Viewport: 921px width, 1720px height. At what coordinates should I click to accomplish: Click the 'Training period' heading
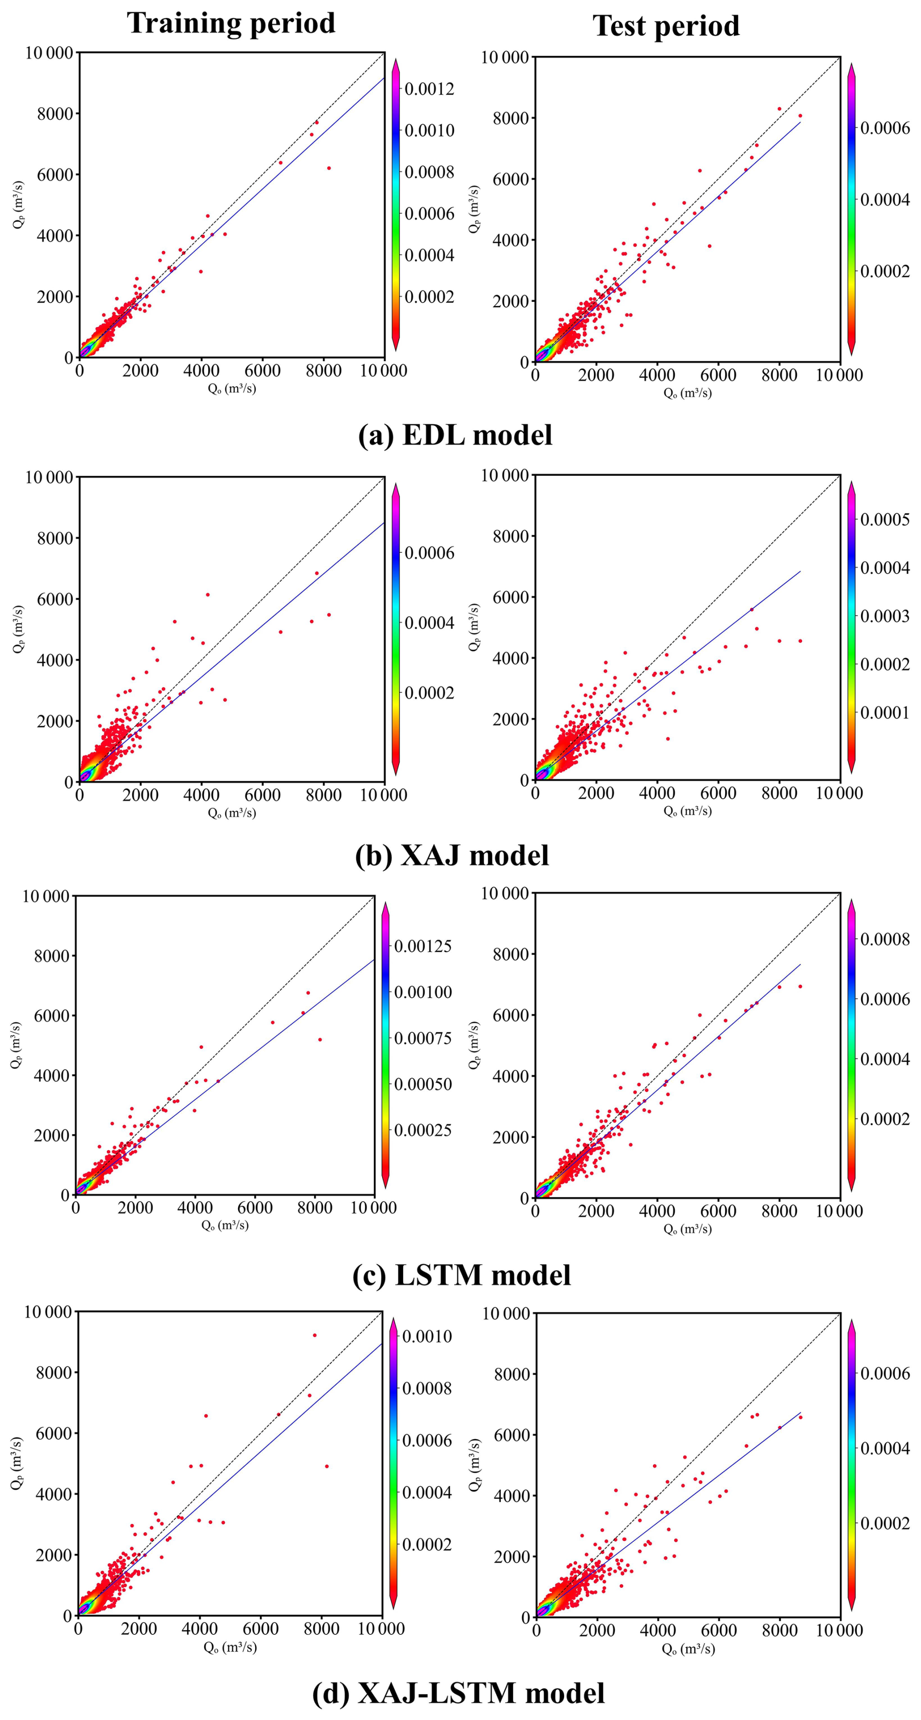pos(231,23)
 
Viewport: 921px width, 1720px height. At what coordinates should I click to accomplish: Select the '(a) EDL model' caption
pos(455,435)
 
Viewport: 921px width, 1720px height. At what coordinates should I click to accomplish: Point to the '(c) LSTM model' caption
pos(461,1274)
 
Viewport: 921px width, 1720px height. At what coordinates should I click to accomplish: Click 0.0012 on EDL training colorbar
pos(429,89)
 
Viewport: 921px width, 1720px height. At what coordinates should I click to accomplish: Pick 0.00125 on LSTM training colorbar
pos(423,946)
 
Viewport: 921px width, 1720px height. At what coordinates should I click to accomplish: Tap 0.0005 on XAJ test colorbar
pos(884,520)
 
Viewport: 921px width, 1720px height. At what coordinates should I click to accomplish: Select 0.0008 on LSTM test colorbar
pos(884,939)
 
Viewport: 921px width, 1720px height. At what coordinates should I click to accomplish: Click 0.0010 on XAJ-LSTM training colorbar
pos(427,1336)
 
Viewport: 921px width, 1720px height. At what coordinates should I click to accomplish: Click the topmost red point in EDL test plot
pos(779,109)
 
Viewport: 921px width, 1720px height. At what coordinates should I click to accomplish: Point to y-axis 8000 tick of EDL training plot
pos(55,113)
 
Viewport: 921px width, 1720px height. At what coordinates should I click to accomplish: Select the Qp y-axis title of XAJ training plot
pos(18,629)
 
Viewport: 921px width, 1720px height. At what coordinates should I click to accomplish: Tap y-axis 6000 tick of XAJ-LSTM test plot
pos(511,1435)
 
